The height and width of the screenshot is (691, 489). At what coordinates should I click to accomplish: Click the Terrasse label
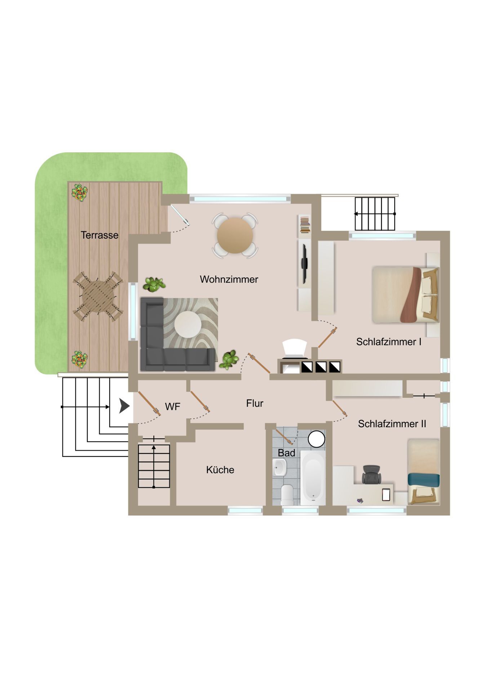pyautogui.click(x=99, y=235)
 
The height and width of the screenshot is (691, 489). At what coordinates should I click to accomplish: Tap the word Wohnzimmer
pyautogui.click(x=229, y=279)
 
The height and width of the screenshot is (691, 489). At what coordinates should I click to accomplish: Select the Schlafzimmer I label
pyautogui.click(x=388, y=342)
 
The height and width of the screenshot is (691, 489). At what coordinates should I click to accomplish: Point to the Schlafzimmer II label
pyautogui.click(x=392, y=424)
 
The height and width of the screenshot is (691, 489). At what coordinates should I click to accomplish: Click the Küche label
pyautogui.click(x=220, y=470)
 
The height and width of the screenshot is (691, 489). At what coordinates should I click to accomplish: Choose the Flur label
pyautogui.click(x=255, y=403)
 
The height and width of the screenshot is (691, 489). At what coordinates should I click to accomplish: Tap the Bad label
pyautogui.click(x=286, y=453)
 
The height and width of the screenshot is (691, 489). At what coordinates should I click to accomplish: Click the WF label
pyautogui.click(x=173, y=407)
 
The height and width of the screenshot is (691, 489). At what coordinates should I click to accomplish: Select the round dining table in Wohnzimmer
pyautogui.click(x=235, y=235)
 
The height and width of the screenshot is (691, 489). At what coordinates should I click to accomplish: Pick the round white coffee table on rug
pyautogui.click(x=188, y=324)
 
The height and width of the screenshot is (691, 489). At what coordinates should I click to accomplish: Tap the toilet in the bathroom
pyautogui.click(x=287, y=495)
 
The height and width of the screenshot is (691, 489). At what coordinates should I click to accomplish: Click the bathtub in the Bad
pyautogui.click(x=313, y=478)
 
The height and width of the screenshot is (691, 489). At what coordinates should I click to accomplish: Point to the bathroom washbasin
pyautogui.click(x=279, y=467)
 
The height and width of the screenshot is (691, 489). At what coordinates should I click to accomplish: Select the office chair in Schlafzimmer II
pyautogui.click(x=371, y=474)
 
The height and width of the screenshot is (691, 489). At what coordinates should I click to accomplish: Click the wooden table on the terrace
pyautogui.click(x=98, y=297)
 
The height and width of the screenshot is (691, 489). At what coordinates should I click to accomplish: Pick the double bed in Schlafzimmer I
pyautogui.click(x=405, y=294)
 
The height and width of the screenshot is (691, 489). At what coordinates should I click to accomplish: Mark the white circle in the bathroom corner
pyautogui.click(x=316, y=439)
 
